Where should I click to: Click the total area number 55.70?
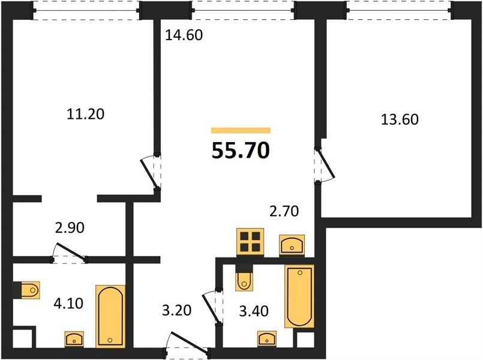pyautogui.click(x=241, y=151)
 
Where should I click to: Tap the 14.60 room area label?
pyautogui.click(x=184, y=35)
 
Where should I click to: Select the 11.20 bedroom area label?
pyautogui.click(x=86, y=114)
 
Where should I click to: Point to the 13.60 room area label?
pyautogui.click(x=400, y=119)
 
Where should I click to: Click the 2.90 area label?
pyautogui.click(x=70, y=228)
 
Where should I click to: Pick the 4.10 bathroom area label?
pyautogui.click(x=68, y=304)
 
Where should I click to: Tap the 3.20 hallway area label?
pyautogui.click(x=177, y=310)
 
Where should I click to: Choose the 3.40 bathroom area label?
pyautogui.click(x=254, y=311)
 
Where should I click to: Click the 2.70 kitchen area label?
pyautogui.click(x=284, y=211)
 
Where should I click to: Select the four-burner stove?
pyautogui.click(x=250, y=242)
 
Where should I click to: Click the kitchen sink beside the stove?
pyautogui.click(x=292, y=245)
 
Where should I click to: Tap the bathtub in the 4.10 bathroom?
pyautogui.click(x=110, y=316)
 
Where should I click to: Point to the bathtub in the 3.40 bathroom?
pyautogui.click(x=299, y=296)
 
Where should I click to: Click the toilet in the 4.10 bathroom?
pyautogui.click(x=30, y=290)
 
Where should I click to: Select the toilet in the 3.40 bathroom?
pyautogui.click(x=244, y=281)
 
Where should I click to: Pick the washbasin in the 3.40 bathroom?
pyautogui.click(x=267, y=339)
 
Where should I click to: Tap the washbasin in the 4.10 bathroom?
pyautogui.click(x=74, y=340)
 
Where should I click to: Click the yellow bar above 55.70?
pyautogui.click(x=241, y=131)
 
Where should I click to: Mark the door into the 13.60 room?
pyautogui.click(x=325, y=166)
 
